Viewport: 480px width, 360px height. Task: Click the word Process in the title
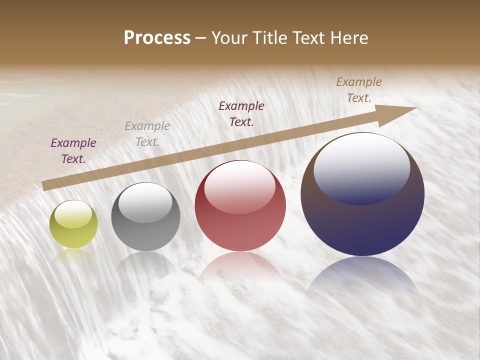tap(157, 38)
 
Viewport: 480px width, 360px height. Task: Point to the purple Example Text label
tap(73, 151)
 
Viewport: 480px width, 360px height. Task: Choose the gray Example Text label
tap(147, 134)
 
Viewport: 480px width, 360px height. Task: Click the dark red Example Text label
tap(241, 114)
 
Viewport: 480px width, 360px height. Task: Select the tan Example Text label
tap(359, 90)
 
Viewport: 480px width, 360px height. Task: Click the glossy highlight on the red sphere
tap(239, 186)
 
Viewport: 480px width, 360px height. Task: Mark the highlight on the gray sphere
tap(145, 201)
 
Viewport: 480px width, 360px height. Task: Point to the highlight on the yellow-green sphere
tap(73, 214)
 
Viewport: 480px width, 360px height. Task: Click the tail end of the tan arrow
tap(45, 186)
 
